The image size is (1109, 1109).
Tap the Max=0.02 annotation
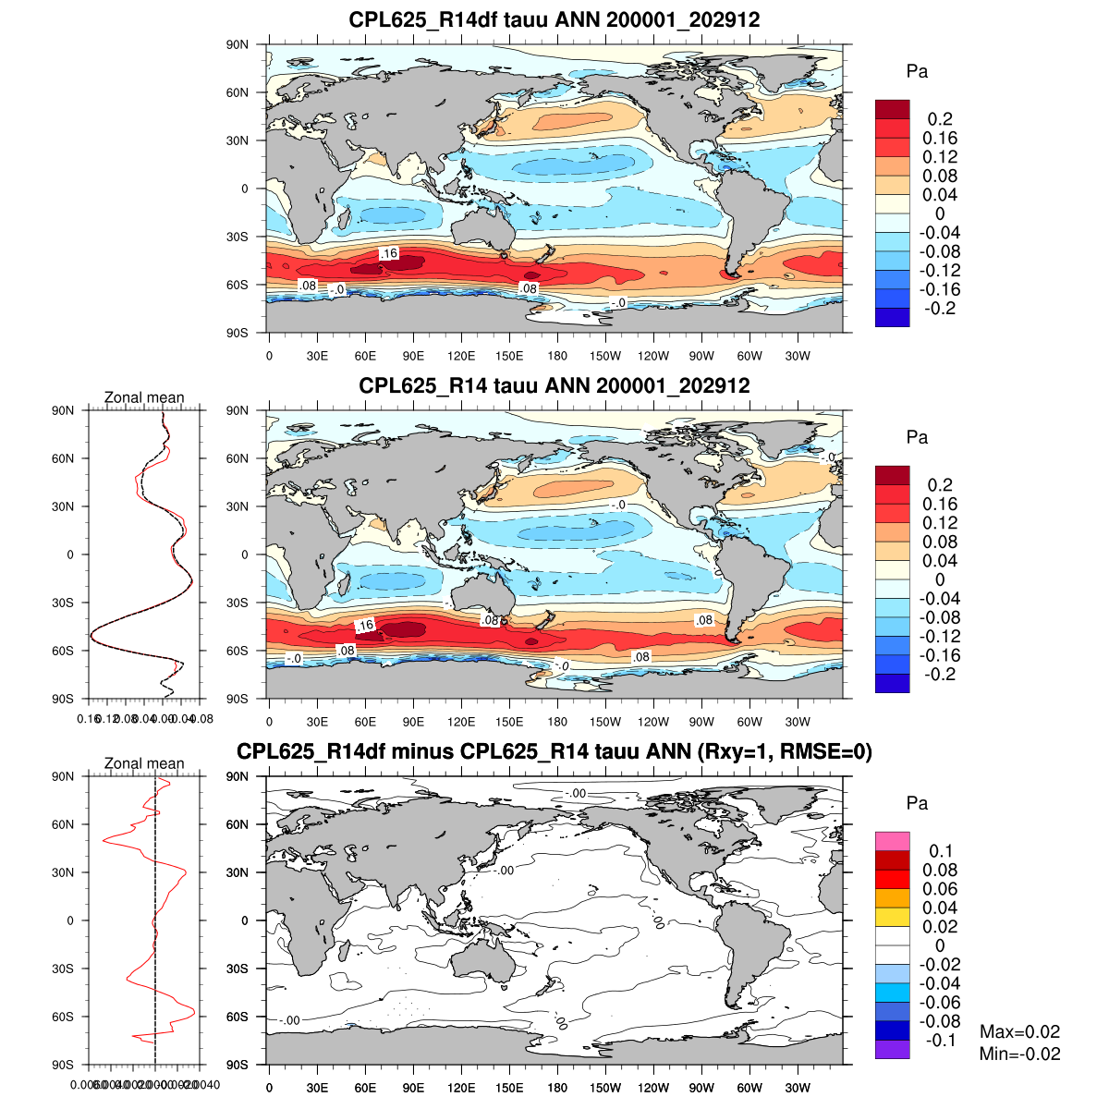click(x=1019, y=1032)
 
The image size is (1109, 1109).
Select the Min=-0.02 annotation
click(x=1019, y=1054)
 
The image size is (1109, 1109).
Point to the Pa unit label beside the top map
click(x=917, y=72)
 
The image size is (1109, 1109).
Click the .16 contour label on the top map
click(x=388, y=253)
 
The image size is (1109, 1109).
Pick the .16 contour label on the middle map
click(x=364, y=626)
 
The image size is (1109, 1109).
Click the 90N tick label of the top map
click(x=238, y=44)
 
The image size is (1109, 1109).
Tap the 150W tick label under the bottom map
click(x=605, y=1088)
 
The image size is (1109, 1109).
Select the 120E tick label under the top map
click(x=461, y=356)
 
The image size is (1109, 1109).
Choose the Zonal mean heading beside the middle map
click(x=144, y=397)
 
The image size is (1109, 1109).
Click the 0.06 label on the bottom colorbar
click(x=940, y=889)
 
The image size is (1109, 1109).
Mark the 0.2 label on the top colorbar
click(x=940, y=119)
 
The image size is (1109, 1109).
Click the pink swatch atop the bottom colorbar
click(x=893, y=841)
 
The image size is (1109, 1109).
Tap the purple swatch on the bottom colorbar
click(x=893, y=1049)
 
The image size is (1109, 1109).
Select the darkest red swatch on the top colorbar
click(x=893, y=109)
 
